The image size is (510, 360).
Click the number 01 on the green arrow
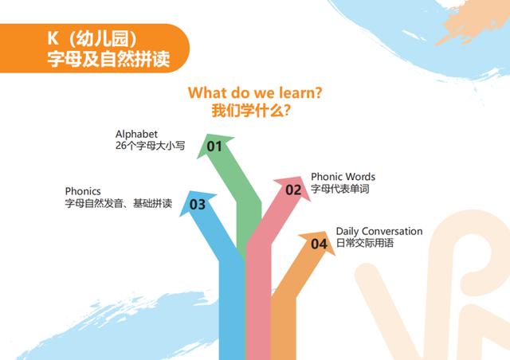pos(214,147)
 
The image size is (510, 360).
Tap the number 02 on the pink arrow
pos(293,190)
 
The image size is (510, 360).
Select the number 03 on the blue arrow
pos(198,205)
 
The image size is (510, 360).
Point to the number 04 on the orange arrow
pos(319,244)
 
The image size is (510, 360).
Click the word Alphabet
pos(136,134)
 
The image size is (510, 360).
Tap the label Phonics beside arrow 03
pos(83,191)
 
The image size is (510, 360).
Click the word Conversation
pos(392,231)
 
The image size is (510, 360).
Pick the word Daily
pos(347,232)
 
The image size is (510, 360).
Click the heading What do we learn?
pos(255,92)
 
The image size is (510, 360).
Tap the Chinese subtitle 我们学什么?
pos(251,111)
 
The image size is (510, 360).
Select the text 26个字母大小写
pos(151,146)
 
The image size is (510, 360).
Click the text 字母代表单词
pos(340,189)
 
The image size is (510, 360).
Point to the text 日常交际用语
pos(365,243)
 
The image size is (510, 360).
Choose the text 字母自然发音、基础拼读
pos(119,203)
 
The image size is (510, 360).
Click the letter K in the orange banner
pos(53,38)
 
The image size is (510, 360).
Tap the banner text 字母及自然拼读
pos(108,59)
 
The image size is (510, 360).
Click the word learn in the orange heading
pos(296,92)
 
